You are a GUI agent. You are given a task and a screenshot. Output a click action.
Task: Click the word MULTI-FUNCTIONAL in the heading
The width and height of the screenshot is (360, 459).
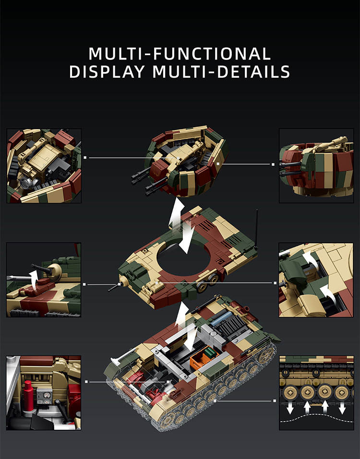coord(180,54)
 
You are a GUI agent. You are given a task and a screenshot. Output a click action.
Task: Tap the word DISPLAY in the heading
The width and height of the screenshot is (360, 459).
coord(107,71)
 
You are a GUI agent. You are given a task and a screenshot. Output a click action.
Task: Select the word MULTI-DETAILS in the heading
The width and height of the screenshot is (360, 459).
coord(221,71)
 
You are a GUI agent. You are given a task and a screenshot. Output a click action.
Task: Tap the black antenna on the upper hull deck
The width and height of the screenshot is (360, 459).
coord(257,229)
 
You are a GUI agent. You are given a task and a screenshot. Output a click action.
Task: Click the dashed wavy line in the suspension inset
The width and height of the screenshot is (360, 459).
coord(316,418)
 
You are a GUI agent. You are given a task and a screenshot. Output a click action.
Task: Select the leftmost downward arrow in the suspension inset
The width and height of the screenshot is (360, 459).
coord(290,408)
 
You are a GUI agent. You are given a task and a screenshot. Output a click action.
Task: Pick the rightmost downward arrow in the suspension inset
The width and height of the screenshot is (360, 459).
coord(342,408)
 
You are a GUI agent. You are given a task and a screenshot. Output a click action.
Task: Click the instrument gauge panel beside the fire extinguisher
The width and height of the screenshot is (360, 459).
coord(45,396)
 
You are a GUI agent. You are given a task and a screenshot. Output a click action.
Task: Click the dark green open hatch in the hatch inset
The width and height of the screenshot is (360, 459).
coord(293,271)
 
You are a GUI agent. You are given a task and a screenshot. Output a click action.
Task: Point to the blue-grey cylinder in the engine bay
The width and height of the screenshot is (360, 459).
coord(223,318)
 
